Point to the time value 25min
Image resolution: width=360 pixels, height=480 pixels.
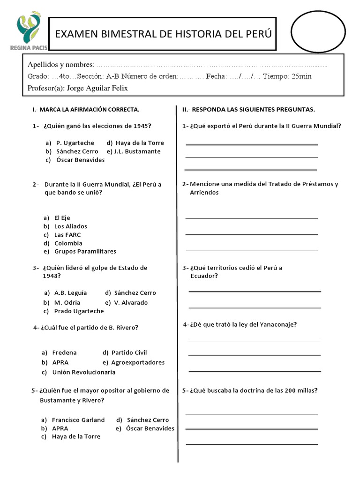(x=301, y=76)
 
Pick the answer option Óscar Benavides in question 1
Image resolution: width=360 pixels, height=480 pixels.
(x=80, y=160)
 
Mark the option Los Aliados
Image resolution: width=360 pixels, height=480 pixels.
(x=71, y=226)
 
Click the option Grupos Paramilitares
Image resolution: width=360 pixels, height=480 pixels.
(x=85, y=252)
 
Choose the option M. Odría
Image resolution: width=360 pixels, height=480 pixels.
(x=67, y=302)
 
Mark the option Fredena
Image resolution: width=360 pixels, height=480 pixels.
(x=65, y=352)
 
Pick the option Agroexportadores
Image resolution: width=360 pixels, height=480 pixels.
(x=138, y=362)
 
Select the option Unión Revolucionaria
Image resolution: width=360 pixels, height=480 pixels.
(x=84, y=372)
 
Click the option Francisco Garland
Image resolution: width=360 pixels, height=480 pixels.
(x=78, y=420)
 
